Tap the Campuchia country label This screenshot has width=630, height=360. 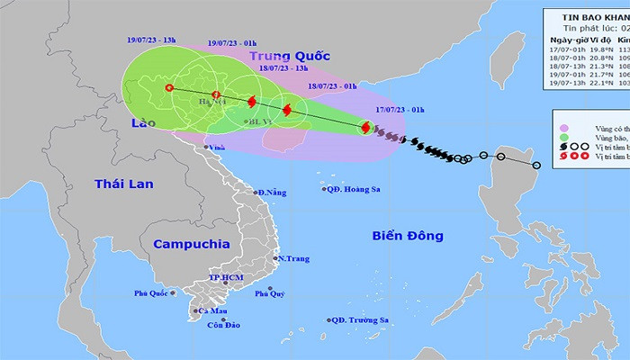[x=191, y=244]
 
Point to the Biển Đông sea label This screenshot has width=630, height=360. [x=408, y=236]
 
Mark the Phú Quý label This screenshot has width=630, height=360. [x=270, y=293]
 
